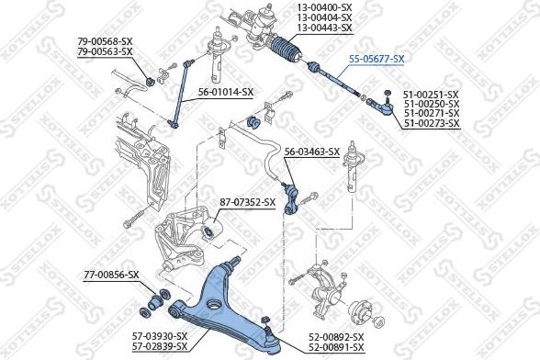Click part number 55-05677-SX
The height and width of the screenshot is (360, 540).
pos(376,58)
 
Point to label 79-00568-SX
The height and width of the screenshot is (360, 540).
pos(105,41)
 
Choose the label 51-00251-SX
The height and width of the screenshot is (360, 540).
pos(431,94)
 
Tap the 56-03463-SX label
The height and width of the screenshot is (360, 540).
pos(311,152)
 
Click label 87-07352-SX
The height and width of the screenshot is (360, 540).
pos(247,202)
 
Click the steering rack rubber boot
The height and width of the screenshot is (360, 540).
pos(290,51)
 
